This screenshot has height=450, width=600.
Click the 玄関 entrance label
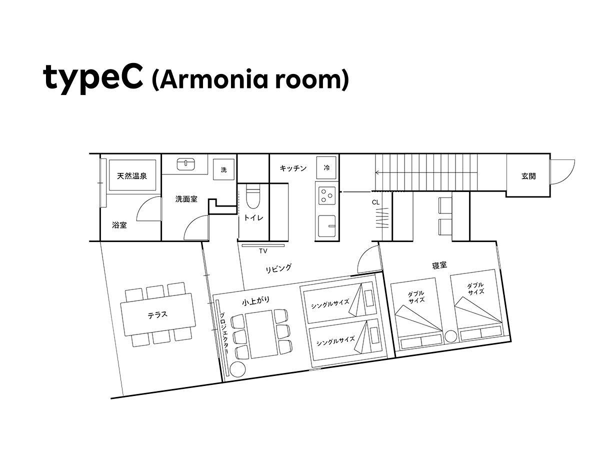(528, 176)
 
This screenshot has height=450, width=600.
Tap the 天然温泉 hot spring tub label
(132, 176)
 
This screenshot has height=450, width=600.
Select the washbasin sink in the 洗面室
(186, 164)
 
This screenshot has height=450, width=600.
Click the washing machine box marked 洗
(223, 169)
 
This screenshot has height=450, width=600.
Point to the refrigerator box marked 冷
(326, 168)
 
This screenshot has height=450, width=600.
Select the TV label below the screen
(263, 251)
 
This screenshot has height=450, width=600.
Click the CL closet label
(375, 202)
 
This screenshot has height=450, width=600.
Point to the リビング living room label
(278, 268)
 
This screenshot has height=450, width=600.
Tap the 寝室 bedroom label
(439, 265)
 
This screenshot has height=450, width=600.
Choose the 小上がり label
(255, 301)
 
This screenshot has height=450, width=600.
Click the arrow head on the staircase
(377, 172)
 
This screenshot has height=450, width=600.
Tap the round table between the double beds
(450, 336)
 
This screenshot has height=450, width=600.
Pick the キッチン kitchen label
(293, 168)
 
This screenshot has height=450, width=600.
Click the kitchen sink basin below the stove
(326, 225)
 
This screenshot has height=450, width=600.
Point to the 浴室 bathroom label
(119, 225)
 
